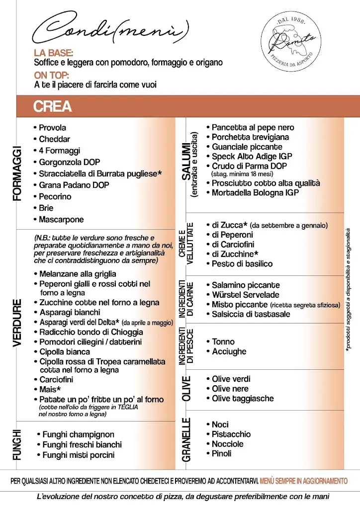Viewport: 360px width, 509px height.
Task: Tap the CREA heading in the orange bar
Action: click(x=52, y=106)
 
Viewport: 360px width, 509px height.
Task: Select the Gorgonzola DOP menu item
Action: click(x=69, y=162)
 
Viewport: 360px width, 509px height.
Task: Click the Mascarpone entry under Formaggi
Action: click(x=61, y=219)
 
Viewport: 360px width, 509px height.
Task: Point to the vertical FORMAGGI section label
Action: click(x=18, y=173)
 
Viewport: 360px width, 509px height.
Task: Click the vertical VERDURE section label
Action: click(x=18, y=322)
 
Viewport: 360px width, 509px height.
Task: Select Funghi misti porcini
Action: click(x=78, y=455)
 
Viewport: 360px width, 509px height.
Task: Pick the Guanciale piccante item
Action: click(x=247, y=147)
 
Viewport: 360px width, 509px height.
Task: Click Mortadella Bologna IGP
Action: click(x=255, y=192)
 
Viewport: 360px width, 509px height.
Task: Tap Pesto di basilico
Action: click(x=242, y=263)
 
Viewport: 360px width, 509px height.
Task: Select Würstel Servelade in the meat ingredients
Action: click(x=245, y=295)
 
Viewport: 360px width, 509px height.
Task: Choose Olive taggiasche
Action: click(x=243, y=398)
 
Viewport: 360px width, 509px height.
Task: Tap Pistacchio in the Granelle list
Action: click(x=231, y=434)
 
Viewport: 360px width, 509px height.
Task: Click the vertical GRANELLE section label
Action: click(x=187, y=439)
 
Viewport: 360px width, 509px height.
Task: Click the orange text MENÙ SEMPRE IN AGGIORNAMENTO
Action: click(x=303, y=481)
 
